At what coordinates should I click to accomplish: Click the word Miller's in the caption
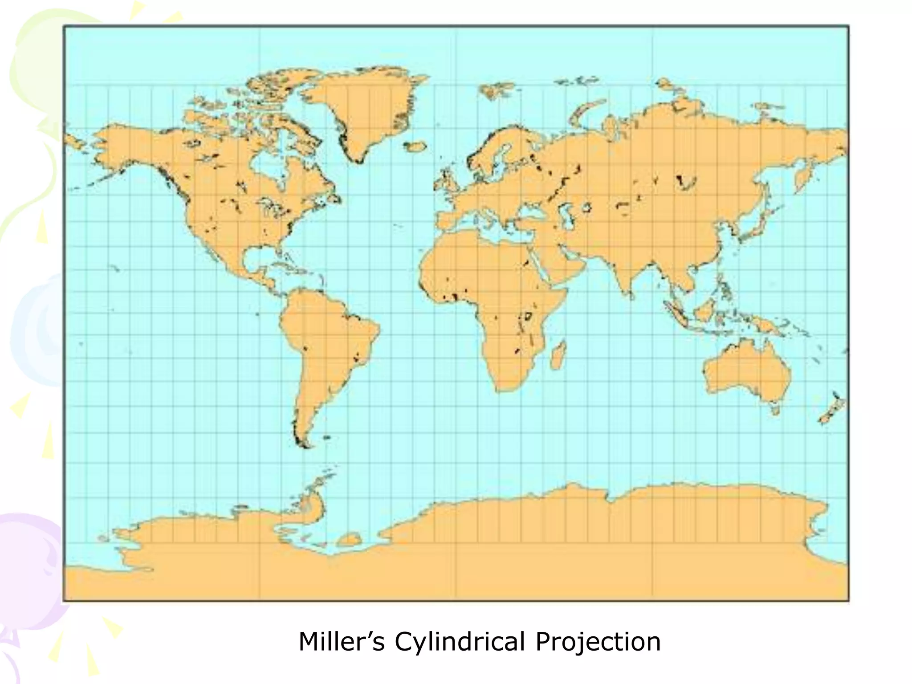point(341,642)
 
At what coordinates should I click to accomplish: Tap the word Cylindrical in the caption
point(459,642)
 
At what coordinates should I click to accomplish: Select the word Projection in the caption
point(598,642)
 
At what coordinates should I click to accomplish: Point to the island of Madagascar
point(558,356)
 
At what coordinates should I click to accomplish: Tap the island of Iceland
point(415,146)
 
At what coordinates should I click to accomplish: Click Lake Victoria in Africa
point(529,316)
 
